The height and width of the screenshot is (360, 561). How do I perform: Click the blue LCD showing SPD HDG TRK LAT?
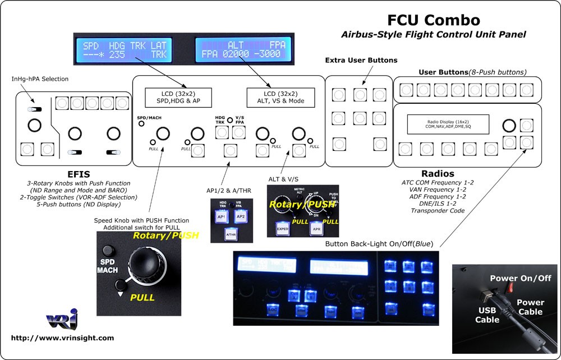pyautogui.click(x=124, y=50)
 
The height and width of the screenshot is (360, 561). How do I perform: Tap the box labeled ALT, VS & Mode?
pyautogui.click(x=280, y=96)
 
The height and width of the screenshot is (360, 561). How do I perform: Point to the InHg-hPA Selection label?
pyautogui.click(x=40, y=79)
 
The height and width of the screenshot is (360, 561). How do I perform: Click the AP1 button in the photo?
pyautogui.click(x=222, y=217)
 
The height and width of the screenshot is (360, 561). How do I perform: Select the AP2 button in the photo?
pyautogui.click(x=241, y=217)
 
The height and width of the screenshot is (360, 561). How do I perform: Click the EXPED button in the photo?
pyautogui.click(x=282, y=228)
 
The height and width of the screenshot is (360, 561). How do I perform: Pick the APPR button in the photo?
pyautogui.click(x=316, y=228)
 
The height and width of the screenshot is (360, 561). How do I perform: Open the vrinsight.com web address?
pyautogui.click(x=62, y=338)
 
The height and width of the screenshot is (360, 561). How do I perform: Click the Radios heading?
pyautogui.click(x=438, y=174)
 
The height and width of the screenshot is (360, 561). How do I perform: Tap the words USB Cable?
pyautogui.click(x=487, y=315)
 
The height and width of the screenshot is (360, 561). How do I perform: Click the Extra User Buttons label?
pyautogui.click(x=361, y=60)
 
